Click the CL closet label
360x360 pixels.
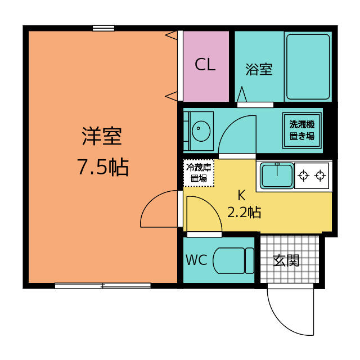click(205, 65)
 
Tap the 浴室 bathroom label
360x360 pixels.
click(259, 69)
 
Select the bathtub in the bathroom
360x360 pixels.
click(308, 67)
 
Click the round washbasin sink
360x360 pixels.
click(201, 131)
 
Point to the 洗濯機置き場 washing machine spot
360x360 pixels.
click(302, 130)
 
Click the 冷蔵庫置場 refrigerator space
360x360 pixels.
click(199, 173)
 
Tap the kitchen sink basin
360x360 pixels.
click(277, 175)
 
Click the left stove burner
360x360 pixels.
click(303, 176)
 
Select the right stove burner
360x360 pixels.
click(320, 176)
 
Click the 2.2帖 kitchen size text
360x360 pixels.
click(244, 212)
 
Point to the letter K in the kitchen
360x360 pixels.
click(241, 195)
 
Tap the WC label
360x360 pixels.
click(196, 260)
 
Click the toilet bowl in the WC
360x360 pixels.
click(229, 261)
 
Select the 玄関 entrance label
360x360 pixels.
click(286, 260)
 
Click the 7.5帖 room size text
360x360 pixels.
click(103, 167)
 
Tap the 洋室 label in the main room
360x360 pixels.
click(102, 136)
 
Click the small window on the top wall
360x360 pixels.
click(103, 28)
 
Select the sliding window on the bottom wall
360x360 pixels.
click(103, 286)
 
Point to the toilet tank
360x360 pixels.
click(250, 261)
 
